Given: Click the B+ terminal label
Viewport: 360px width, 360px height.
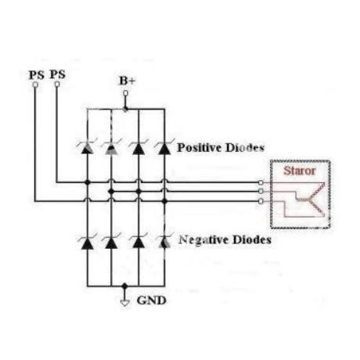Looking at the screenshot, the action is click(x=127, y=81).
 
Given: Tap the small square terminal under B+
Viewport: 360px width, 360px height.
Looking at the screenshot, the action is click(x=126, y=93).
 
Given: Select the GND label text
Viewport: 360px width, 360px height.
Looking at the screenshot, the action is click(x=151, y=301).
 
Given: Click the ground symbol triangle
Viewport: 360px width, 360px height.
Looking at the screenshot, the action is click(x=125, y=303).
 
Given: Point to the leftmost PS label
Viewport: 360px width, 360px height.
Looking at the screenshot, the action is click(x=36, y=75).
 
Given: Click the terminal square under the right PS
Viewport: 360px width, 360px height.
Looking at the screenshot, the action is click(x=57, y=84).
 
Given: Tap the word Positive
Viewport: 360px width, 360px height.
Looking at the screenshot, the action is click(x=199, y=147).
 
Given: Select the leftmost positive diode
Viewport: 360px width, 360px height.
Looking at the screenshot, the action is click(x=87, y=147).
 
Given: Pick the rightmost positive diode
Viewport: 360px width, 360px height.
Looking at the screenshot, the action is click(x=164, y=147).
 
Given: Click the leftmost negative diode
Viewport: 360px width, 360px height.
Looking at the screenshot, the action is click(x=87, y=243).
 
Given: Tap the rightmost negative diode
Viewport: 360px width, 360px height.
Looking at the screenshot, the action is click(x=164, y=242).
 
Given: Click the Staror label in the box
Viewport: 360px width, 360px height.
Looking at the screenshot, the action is click(x=300, y=171).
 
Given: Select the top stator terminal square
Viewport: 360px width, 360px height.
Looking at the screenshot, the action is click(x=261, y=182).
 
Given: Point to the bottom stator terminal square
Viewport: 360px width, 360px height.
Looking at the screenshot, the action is click(x=261, y=201).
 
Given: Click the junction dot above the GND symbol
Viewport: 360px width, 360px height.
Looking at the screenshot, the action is click(x=125, y=286).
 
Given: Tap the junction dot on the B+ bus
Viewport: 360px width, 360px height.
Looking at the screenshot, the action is click(x=125, y=109).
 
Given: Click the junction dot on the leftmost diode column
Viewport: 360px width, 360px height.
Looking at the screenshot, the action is click(x=87, y=182).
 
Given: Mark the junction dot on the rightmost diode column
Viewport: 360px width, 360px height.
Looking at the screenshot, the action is click(x=164, y=201).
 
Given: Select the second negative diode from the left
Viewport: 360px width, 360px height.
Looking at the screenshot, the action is click(x=111, y=243).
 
